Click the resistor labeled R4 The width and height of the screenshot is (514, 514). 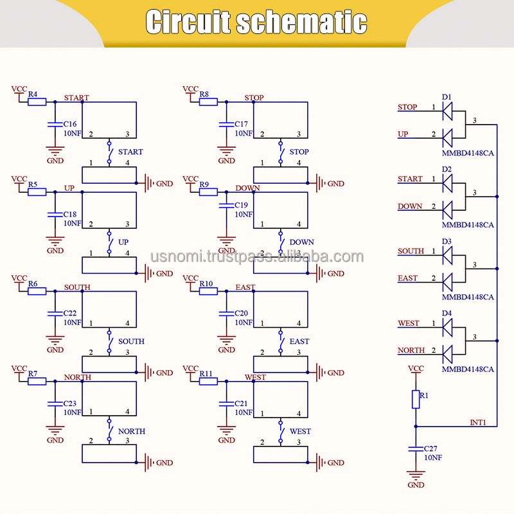tap(37, 102)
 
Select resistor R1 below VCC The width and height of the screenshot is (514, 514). tap(416, 399)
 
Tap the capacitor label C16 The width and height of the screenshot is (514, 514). tap(70, 124)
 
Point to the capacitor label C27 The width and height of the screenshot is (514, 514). tap(432, 448)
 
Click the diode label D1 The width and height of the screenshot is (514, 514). tap(447, 96)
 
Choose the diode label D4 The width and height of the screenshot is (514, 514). tap(447, 314)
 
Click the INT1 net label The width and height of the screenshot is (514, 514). tap(479, 422)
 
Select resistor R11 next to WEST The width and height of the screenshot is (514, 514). tap(208, 381)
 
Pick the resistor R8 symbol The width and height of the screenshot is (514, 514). tap(208, 102)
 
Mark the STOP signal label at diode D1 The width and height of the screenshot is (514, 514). tap(407, 107)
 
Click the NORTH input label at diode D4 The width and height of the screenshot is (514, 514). tap(411, 350)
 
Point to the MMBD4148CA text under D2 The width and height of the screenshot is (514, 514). tap(468, 225)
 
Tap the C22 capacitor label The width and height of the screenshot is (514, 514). tap(70, 313)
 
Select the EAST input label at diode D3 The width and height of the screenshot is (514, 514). tap(407, 278)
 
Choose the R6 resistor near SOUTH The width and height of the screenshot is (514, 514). tap(37, 290)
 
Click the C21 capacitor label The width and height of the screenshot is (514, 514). tap(241, 403)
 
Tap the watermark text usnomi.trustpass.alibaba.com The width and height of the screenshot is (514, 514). tap(257, 257)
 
